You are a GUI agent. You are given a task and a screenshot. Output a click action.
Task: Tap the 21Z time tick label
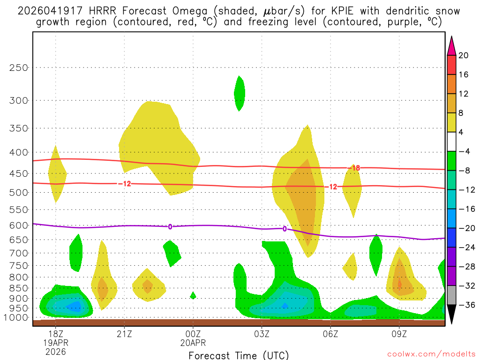coord(124,335)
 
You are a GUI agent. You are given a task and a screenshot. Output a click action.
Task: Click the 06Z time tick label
coord(330,335)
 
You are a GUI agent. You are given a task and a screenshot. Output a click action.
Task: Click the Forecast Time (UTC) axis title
coord(239,355)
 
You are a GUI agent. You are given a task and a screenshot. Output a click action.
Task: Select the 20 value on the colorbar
coord(464,55)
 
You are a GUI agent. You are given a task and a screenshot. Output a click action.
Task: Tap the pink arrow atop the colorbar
coord(451,45)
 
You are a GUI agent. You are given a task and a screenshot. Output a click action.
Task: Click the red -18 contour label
coord(353,168)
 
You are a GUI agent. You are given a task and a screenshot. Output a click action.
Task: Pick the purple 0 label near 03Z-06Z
coord(285,229)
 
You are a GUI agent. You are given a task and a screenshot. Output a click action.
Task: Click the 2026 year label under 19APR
coord(56,352)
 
